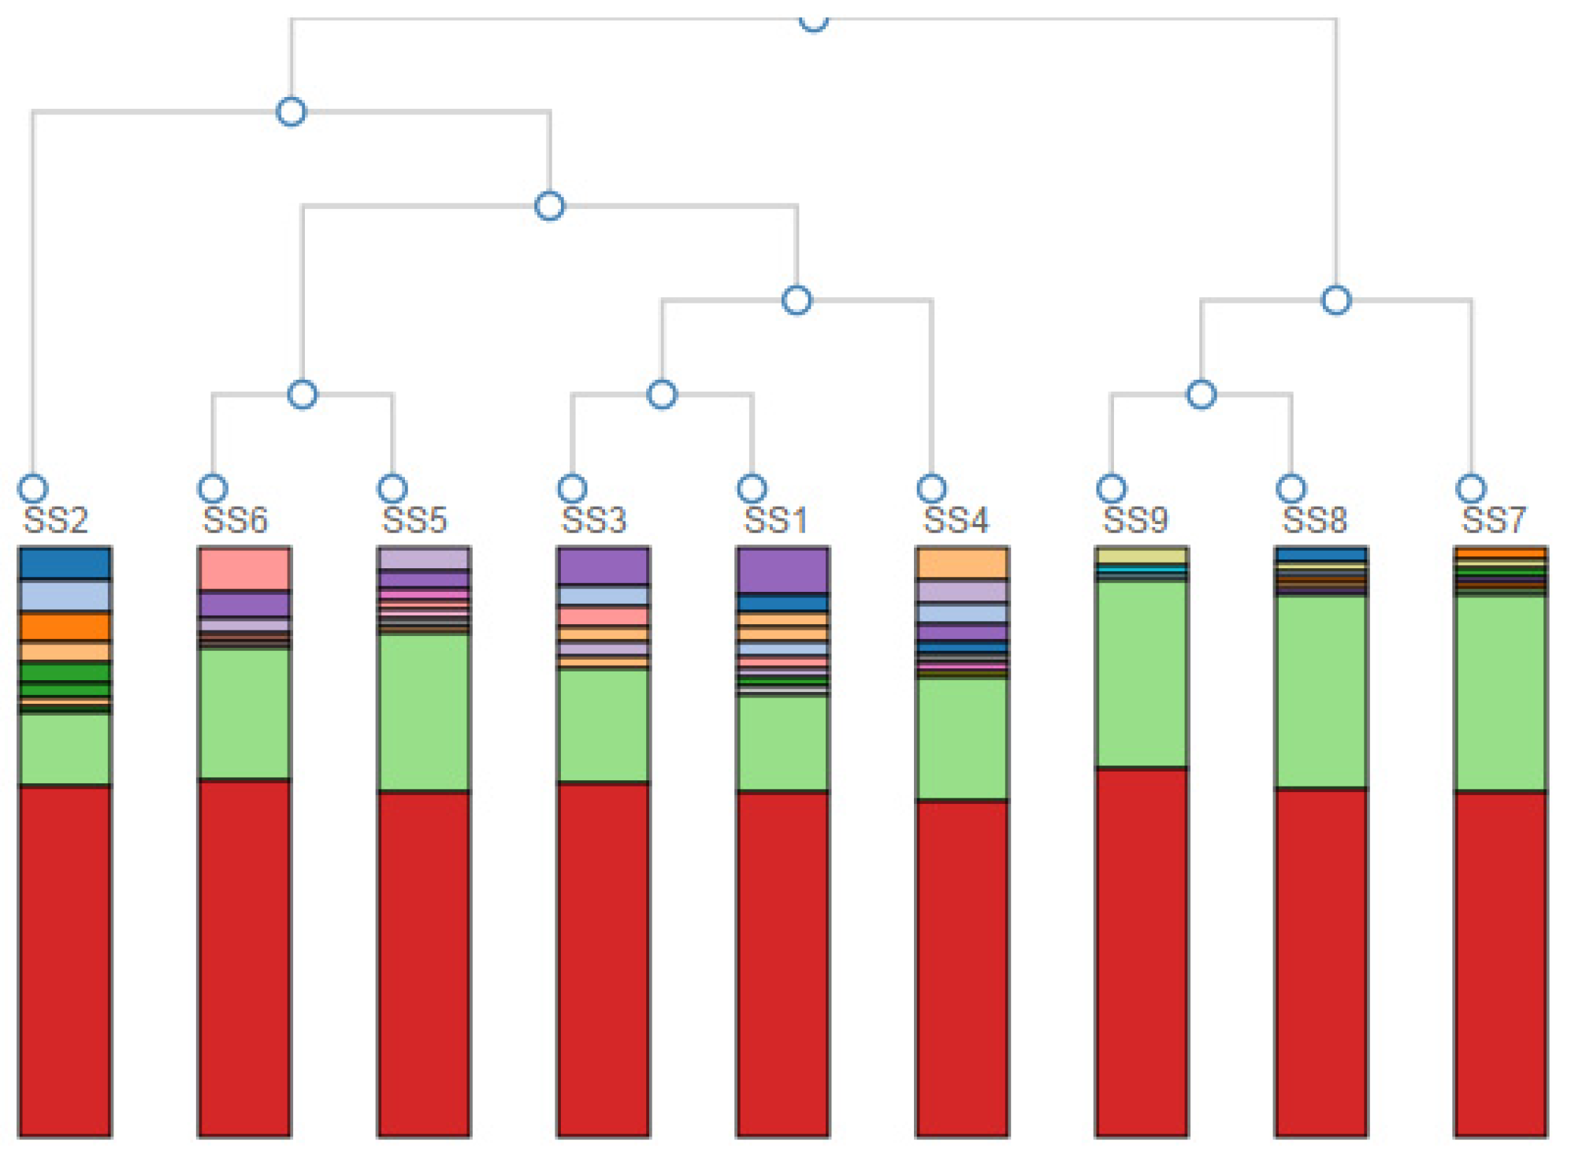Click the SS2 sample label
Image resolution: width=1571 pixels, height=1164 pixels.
point(55,520)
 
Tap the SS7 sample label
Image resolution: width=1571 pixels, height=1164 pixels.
point(1493,520)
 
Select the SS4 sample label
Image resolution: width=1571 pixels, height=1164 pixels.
point(955,520)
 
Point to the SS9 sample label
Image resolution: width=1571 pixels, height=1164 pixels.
point(1135,520)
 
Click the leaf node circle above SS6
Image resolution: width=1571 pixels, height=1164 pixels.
point(213,489)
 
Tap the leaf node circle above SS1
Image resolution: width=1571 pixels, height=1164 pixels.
point(752,489)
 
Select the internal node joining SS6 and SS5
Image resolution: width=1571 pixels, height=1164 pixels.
point(303,394)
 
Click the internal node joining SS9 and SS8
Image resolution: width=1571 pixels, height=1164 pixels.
point(1201,394)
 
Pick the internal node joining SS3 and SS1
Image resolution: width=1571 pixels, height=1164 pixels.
point(662,394)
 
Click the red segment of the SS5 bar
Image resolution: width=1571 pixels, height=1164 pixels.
point(424,961)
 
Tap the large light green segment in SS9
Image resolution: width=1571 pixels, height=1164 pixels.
point(1141,674)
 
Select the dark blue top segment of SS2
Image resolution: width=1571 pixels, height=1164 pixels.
point(65,563)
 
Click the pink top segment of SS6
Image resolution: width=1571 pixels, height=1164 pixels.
point(244,569)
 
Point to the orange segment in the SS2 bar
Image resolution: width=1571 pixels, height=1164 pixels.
point(65,627)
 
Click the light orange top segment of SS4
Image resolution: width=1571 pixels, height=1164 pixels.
point(962,563)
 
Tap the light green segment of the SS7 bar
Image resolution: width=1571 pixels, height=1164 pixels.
point(1500,694)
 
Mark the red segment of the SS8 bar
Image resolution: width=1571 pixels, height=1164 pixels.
point(1320,961)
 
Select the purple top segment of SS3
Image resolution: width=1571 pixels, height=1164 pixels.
point(603,566)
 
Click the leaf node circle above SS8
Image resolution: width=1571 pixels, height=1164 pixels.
point(1291,489)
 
